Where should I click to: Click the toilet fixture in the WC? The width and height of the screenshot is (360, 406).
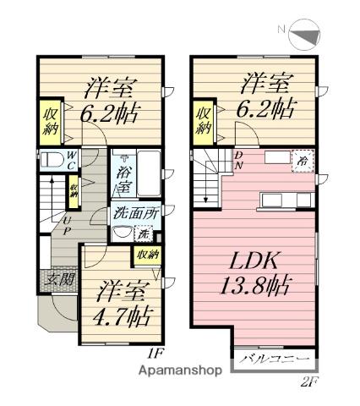pyautogui.click(x=51, y=161)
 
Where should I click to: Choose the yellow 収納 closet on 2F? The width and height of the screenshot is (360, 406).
pyautogui.click(x=205, y=121)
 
